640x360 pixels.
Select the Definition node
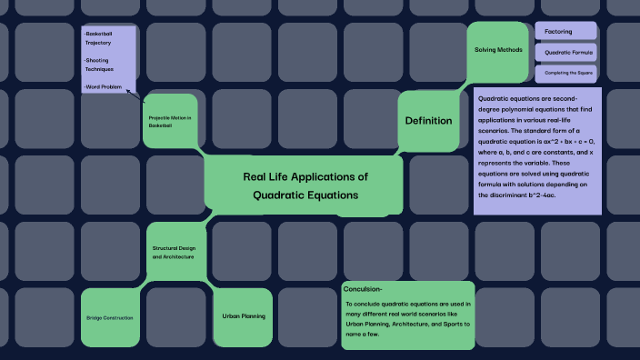(x=428, y=121)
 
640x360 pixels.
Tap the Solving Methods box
(x=498, y=50)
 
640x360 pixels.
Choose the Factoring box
(x=558, y=32)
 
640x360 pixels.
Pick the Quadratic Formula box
(x=568, y=53)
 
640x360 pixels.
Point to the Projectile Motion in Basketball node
(x=170, y=120)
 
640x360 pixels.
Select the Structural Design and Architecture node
(x=173, y=252)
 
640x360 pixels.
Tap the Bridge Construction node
(x=110, y=317)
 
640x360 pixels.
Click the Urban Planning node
(x=243, y=316)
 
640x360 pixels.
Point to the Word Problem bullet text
(x=103, y=86)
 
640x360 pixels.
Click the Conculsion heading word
(x=363, y=288)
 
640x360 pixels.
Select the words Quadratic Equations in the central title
(x=305, y=195)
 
